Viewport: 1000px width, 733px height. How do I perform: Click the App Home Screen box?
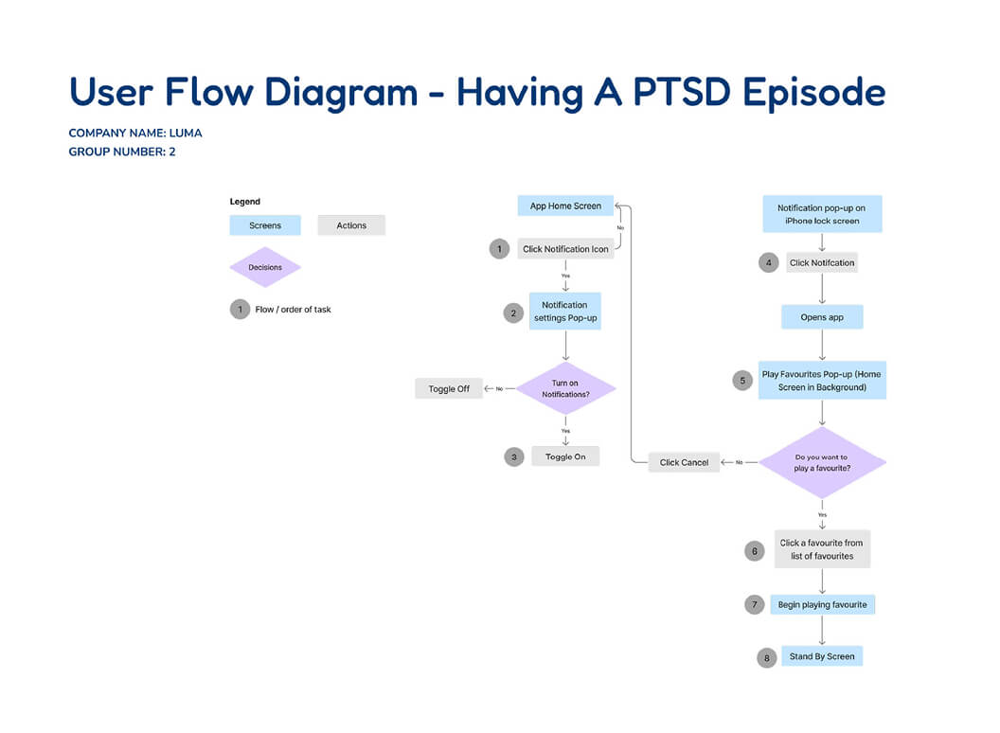pos(565,206)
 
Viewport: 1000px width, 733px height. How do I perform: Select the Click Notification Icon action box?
pos(565,249)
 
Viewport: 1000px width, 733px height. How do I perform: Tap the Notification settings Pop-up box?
pos(565,312)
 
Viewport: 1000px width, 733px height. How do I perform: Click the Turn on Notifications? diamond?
pos(565,388)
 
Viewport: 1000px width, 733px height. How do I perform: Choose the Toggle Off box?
pos(449,388)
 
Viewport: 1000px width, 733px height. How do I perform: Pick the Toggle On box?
pos(565,456)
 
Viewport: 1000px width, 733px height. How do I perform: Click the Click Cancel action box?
pos(684,462)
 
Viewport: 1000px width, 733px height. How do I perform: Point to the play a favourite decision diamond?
pos(821,462)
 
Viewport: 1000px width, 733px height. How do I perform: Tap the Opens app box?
pos(822,317)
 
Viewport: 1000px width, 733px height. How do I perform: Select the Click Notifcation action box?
pos(822,262)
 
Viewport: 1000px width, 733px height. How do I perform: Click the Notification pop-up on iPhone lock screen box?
pos(822,214)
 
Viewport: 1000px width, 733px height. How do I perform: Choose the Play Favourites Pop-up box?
pos(822,380)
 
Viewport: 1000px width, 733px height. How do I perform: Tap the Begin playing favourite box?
pos(822,604)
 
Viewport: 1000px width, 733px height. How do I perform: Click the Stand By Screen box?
pos(822,656)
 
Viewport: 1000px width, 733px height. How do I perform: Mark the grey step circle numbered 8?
pos(767,657)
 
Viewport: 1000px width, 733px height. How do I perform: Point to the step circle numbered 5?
pos(742,380)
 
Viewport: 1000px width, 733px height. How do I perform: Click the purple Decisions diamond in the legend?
pos(265,267)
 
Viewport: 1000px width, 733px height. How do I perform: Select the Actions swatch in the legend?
pos(351,225)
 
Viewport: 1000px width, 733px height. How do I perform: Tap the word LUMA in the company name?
pos(185,133)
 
